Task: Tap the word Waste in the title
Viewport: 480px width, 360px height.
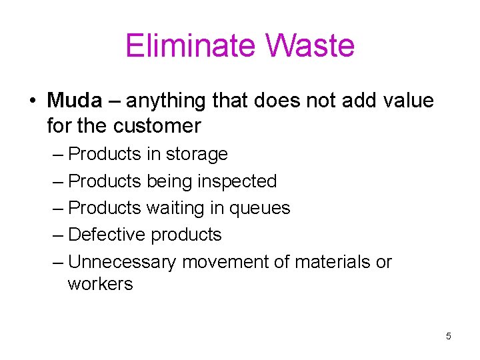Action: tap(310, 46)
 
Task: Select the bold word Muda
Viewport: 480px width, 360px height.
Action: tap(75, 101)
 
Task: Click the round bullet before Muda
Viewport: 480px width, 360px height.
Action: tap(32, 101)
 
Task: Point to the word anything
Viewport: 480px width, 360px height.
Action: tap(165, 101)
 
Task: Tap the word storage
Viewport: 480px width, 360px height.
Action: tap(197, 154)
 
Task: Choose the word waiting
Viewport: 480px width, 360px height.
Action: tap(175, 208)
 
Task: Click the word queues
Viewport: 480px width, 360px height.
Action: tap(260, 208)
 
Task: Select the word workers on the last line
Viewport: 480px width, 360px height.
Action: tap(100, 284)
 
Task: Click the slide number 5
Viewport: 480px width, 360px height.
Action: tap(449, 336)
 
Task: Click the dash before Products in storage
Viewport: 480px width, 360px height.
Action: tap(57, 155)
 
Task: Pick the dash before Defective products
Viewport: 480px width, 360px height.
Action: tap(57, 235)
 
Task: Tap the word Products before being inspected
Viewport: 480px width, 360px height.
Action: tap(105, 181)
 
